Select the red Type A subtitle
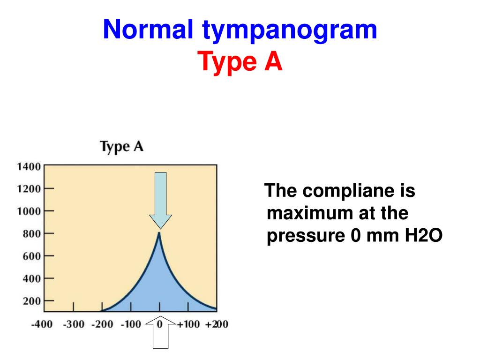click(240, 62)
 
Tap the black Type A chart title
click(121, 146)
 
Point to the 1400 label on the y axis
click(29, 166)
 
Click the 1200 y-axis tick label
click(29, 189)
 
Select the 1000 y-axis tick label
click(29, 211)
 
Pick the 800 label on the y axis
click(31, 233)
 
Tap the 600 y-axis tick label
click(31, 256)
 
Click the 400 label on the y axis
click(31, 278)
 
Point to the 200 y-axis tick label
click(31, 301)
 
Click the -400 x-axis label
click(42, 324)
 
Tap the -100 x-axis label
click(131, 324)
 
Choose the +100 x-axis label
click(188, 324)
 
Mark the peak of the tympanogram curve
click(159, 233)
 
